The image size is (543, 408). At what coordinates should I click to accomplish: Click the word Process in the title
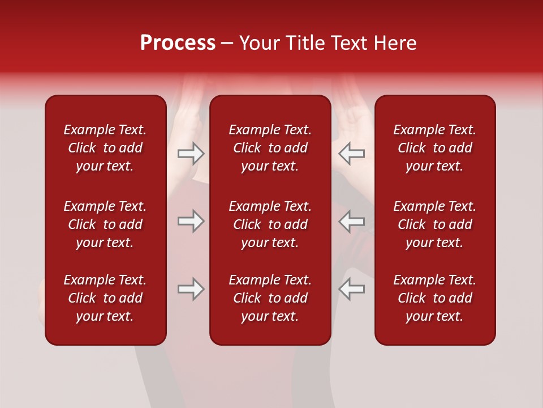coord(178,43)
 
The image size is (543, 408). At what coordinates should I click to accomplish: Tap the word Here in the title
coord(395,43)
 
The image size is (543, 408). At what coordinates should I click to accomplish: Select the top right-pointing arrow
coord(191,154)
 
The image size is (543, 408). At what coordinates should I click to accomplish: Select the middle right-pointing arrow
coord(191,221)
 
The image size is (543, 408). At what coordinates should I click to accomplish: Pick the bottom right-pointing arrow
coord(191,289)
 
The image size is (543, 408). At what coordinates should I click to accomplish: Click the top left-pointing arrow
coord(352,154)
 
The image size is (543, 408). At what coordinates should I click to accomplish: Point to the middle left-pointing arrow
coord(352,221)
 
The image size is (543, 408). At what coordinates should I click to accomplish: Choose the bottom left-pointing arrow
coord(352,289)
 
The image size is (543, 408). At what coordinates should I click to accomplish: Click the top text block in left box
coord(105,148)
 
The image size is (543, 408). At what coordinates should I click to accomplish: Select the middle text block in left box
coord(105,224)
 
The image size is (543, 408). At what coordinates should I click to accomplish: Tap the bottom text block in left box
coord(105,298)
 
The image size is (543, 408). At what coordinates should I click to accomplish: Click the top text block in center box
coord(270,148)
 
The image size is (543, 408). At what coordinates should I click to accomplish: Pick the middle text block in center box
coord(270,224)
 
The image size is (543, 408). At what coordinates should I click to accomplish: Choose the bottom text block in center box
coord(270,298)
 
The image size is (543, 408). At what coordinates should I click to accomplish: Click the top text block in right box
coord(435,148)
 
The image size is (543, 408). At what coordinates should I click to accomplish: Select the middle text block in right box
coord(435,224)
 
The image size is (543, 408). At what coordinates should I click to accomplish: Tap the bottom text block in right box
coord(435,298)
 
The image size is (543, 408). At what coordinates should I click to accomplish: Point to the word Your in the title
coord(260,43)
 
